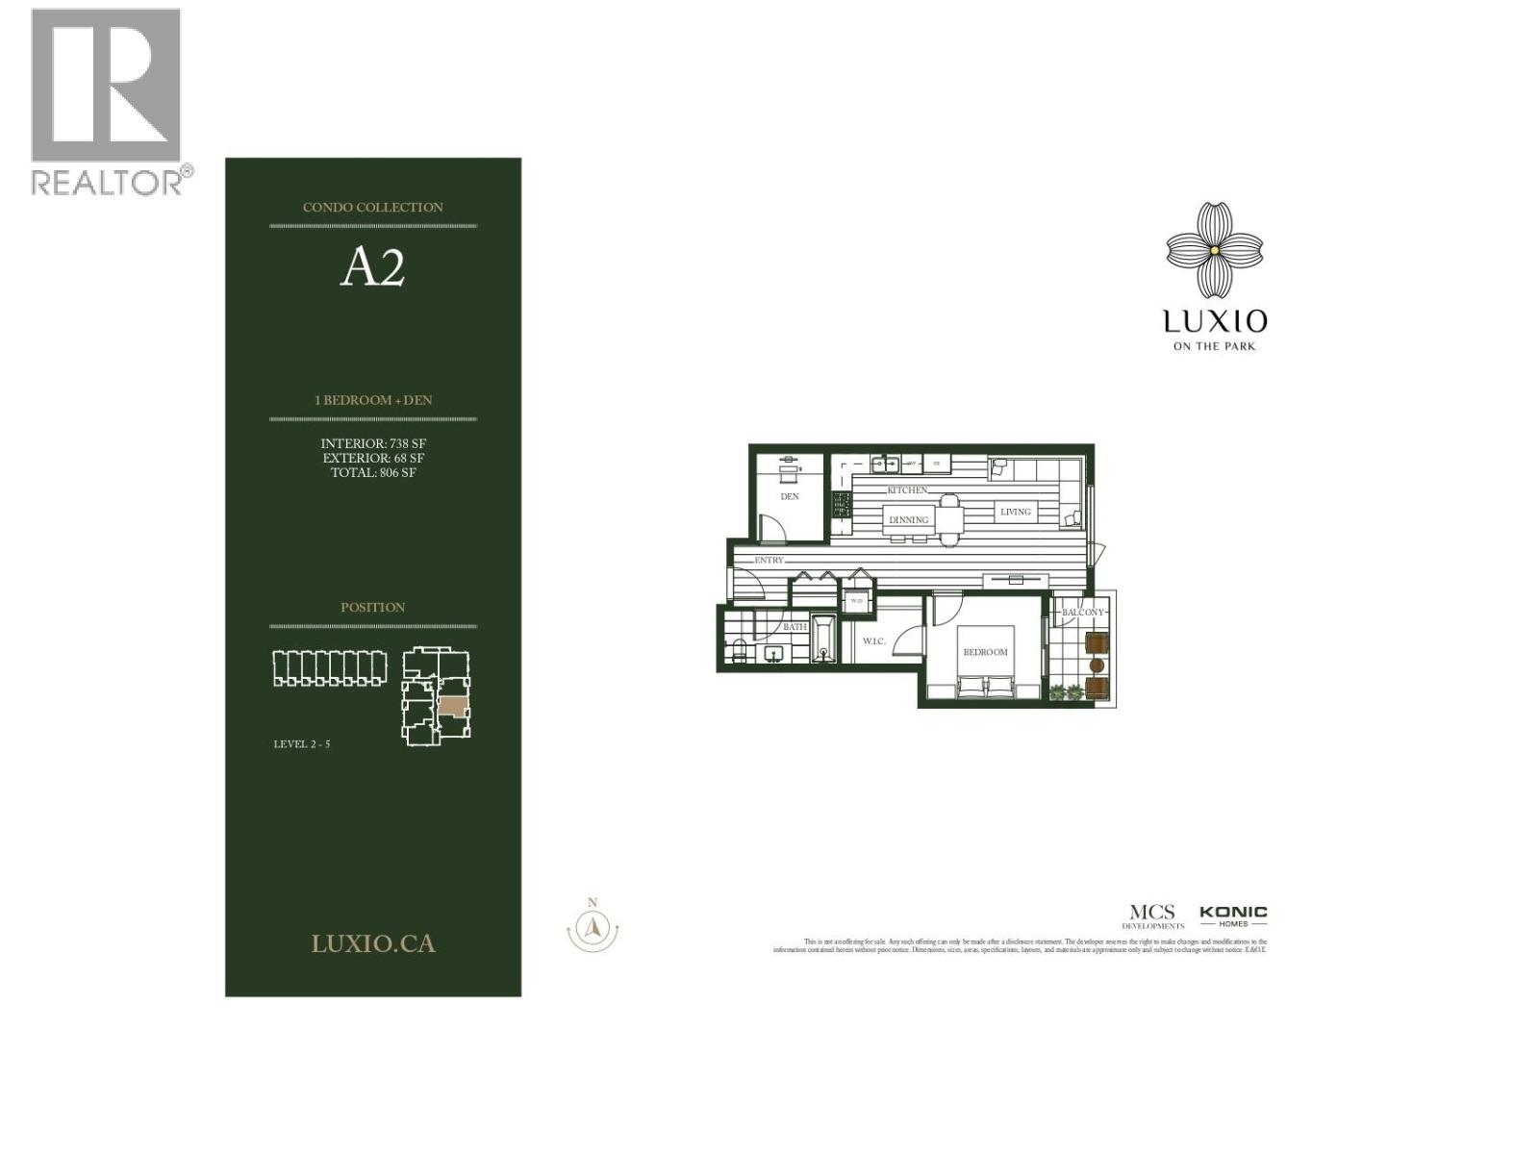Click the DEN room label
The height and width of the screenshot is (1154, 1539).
point(789,496)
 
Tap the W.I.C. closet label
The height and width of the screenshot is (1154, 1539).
point(873,640)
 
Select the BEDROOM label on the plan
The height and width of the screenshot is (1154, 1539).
point(985,652)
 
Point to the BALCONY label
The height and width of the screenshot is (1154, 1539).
point(1083,612)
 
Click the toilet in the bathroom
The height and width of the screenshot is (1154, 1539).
point(739,651)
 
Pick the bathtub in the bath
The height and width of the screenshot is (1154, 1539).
point(824,639)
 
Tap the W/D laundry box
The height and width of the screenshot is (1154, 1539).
point(856,601)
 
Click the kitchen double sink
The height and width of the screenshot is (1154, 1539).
point(885,464)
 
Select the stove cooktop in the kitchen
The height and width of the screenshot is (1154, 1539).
point(842,513)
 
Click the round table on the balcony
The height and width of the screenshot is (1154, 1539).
point(1096,665)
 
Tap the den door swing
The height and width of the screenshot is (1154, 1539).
point(771,528)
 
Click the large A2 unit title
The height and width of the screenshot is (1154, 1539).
point(372,268)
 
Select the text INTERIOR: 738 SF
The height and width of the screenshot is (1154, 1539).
point(373,443)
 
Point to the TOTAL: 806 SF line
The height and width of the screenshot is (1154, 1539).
point(373,472)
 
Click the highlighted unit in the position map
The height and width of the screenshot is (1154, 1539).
point(453,704)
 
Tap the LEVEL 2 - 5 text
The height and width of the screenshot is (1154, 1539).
point(302,743)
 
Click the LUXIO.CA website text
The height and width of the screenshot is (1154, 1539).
point(373,943)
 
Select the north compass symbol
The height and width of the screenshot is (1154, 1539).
point(593,927)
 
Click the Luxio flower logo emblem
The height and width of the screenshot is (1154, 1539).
point(1214,249)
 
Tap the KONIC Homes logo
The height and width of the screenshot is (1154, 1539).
point(1233,915)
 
